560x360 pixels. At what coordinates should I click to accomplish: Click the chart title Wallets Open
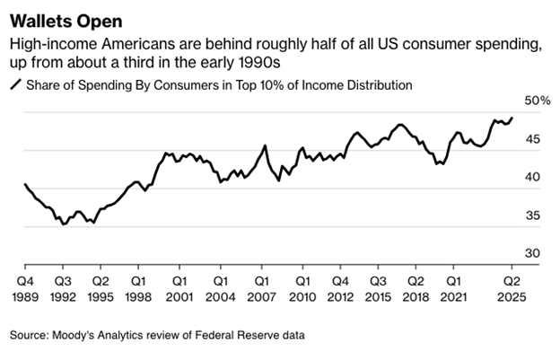66,22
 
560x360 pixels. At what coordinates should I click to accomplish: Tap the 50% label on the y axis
538,101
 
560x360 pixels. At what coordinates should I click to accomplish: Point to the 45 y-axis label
532,139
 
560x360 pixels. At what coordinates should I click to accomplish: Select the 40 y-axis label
532,177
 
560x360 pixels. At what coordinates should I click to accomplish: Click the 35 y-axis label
532,215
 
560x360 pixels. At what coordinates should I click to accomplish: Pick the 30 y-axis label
532,253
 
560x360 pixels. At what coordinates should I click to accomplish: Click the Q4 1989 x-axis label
25,289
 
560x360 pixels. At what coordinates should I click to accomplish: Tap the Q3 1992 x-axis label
63,289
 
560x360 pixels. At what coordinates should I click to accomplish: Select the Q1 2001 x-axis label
179,289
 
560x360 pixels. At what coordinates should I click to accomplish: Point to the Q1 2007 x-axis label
262,289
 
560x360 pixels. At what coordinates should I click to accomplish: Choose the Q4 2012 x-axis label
340,289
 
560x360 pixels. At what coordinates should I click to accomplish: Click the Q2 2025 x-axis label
512,289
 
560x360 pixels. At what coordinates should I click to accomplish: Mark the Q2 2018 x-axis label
416,289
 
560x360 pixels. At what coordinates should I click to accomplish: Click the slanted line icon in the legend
16,85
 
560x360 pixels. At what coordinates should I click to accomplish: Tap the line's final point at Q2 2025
512,118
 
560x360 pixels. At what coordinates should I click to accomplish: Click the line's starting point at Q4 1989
25,184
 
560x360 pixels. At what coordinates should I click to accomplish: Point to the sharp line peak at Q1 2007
265,145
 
